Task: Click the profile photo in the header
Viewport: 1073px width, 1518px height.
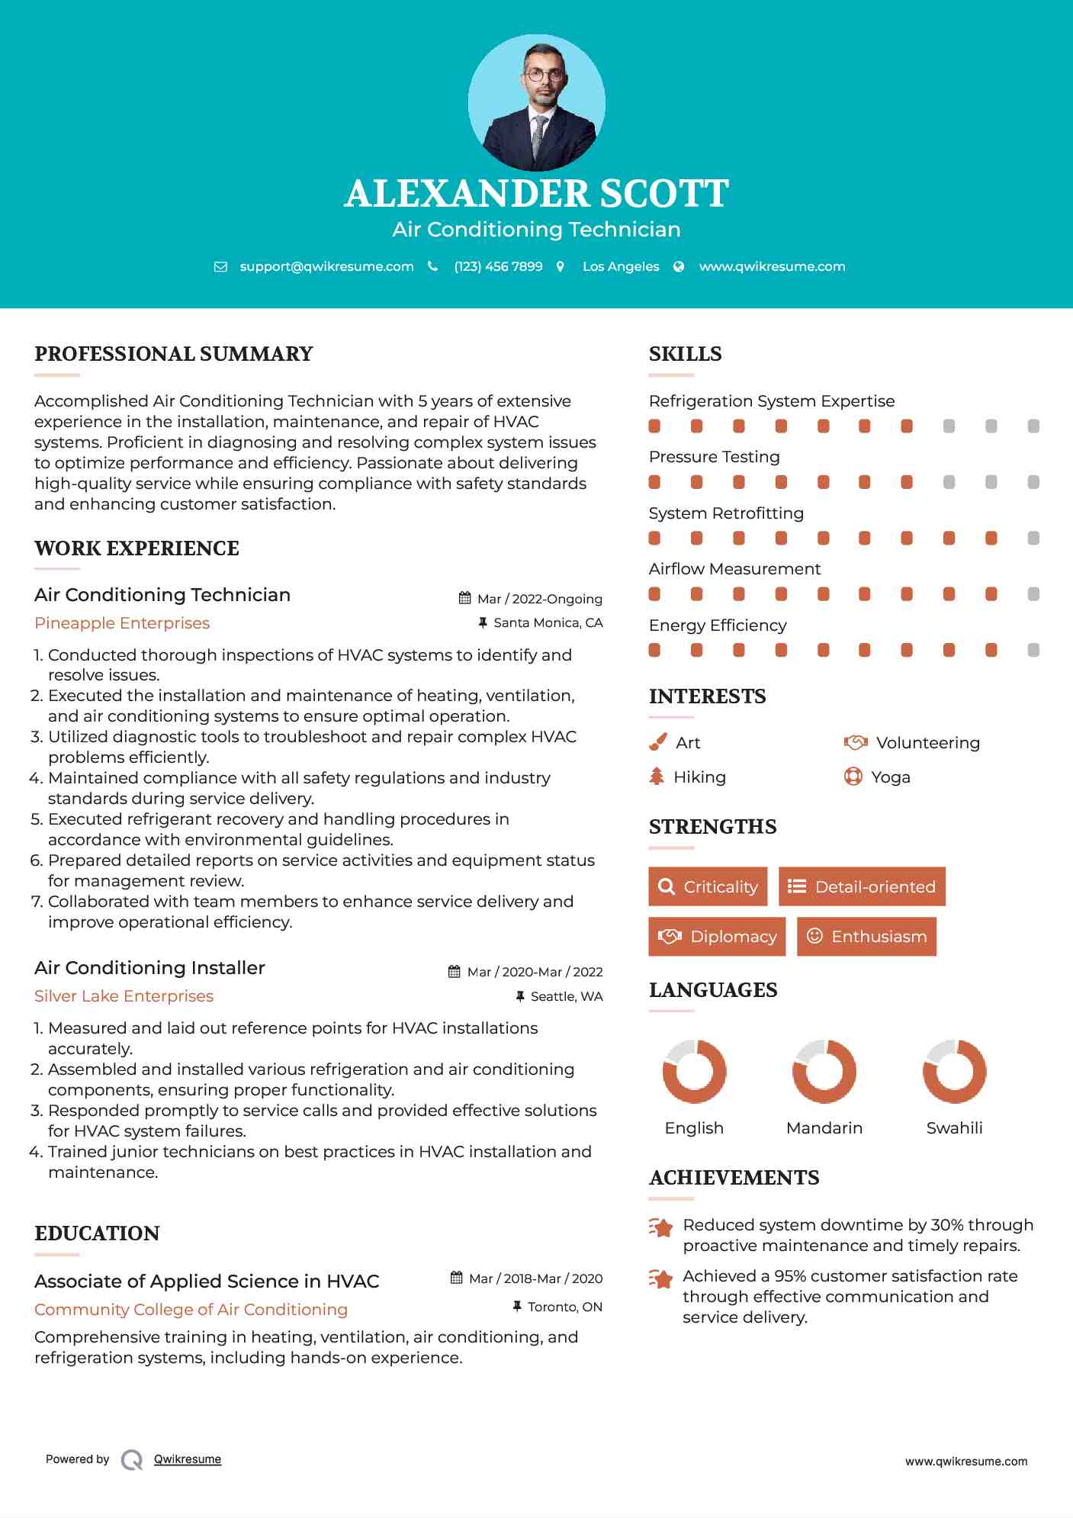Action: click(x=536, y=102)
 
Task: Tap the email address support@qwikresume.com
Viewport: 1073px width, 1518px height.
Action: click(x=326, y=266)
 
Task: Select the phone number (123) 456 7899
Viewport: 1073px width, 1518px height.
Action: click(x=498, y=266)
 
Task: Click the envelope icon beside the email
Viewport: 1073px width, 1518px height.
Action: click(x=220, y=267)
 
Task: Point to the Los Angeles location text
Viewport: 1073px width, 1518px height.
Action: click(x=621, y=266)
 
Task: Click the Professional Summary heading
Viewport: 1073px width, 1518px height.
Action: click(x=174, y=354)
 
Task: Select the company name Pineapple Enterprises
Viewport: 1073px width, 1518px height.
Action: click(x=122, y=623)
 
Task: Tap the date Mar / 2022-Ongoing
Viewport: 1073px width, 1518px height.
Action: click(x=539, y=599)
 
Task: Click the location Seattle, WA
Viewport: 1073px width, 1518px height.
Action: click(x=566, y=996)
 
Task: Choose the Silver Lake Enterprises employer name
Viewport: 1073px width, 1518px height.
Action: click(x=124, y=996)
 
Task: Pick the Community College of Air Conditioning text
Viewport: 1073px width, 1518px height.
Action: click(x=191, y=1310)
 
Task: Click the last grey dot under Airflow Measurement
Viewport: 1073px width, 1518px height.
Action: click(x=1033, y=594)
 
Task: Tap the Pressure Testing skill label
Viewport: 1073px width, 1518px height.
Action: click(x=714, y=457)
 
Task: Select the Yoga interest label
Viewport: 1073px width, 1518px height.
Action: click(x=891, y=777)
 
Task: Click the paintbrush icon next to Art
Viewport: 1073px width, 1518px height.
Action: click(x=657, y=742)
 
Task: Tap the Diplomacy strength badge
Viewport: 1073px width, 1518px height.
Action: click(x=716, y=937)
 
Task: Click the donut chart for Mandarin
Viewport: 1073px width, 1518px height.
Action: click(x=824, y=1071)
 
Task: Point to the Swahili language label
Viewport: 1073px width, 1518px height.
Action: click(x=954, y=1128)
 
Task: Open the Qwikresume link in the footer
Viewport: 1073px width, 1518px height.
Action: click(x=188, y=1459)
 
